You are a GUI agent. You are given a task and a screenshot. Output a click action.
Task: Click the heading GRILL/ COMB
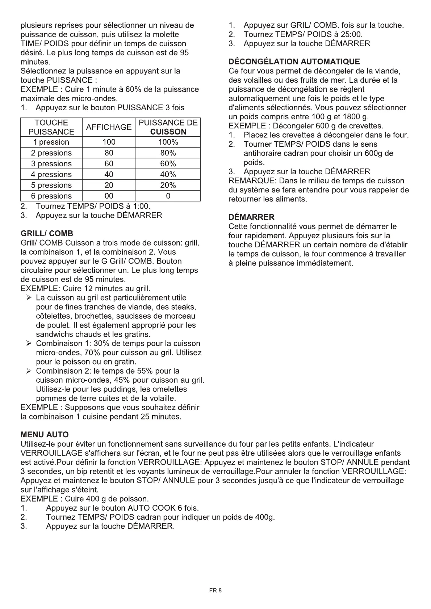pyautogui.click(x=47, y=233)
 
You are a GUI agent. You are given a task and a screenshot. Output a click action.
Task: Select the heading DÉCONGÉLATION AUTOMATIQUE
pyautogui.click(x=294, y=62)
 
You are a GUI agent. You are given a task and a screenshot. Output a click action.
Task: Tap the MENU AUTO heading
pyautogui.click(x=45, y=434)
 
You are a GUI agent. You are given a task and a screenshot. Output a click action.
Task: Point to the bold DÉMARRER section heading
pyautogui.click(x=252, y=217)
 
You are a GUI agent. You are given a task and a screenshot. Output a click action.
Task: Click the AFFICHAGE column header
pyautogui.click(x=109, y=127)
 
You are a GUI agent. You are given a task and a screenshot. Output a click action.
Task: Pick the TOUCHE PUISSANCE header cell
pyautogui.click(x=51, y=127)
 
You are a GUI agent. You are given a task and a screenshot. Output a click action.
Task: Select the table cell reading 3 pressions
pyautogui.click(x=51, y=163)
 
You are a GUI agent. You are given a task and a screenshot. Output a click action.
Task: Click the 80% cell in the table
pyautogui.click(x=168, y=153)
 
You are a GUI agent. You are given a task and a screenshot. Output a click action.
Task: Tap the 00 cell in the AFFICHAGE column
pyautogui.click(x=109, y=196)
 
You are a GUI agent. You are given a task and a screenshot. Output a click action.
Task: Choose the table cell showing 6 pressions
pyautogui.click(x=51, y=196)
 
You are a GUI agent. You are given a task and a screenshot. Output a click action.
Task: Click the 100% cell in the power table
pyautogui.click(x=168, y=142)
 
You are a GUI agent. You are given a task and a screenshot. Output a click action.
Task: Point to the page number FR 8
pyautogui.click(x=215, y=591)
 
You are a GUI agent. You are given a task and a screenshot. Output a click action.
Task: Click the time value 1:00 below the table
pyautogui.click(x=141, y=206)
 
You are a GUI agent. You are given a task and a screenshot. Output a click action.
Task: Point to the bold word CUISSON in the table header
pyautogui.click(x=168, y=132)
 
